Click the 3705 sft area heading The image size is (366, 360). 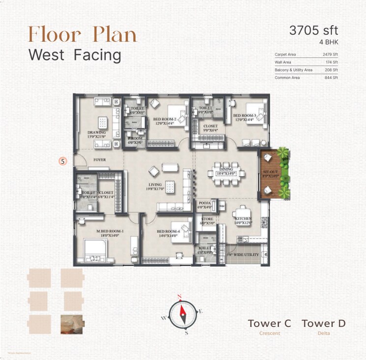pos(314,30)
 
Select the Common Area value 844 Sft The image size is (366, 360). pos(331,78)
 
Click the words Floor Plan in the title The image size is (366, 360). pos(82,34)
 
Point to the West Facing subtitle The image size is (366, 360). pos(75,55)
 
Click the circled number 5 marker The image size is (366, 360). pos(62,160)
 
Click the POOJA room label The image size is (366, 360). pos(204,203)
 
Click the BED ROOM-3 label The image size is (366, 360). pos(245,116)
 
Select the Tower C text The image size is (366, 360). pos(269,323)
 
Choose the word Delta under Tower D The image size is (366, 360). pos(323,333)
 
